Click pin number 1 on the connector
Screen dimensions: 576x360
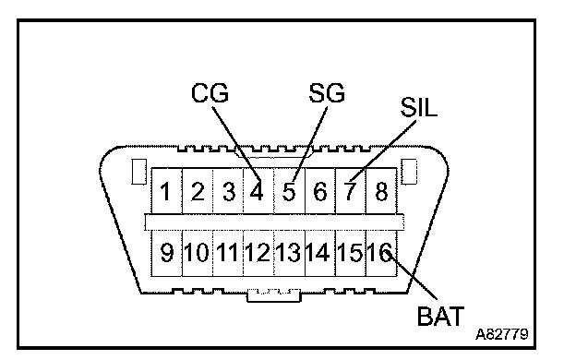coord(165,192)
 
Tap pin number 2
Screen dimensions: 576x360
coord(198,192)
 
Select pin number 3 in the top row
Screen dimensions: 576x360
coord(229,192)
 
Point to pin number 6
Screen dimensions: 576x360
coord(320,192)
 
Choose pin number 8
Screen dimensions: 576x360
coord(381,192)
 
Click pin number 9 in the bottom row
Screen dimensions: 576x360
coord(166,253)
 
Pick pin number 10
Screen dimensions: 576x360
coord(197,253)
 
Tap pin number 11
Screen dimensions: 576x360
coord(227,253)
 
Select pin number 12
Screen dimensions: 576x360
coord(258,253)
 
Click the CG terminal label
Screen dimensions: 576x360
coord(210,92)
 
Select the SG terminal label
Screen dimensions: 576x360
coord(327,92)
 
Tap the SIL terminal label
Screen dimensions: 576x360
coord(419,107)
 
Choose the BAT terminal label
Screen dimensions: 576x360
coord(440,316)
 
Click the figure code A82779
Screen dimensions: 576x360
coord(502,334)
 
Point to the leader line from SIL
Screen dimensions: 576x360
coord(383,150)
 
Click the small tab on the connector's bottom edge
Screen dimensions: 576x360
coord(273,295)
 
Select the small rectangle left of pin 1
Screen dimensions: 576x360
coord(139,172)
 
